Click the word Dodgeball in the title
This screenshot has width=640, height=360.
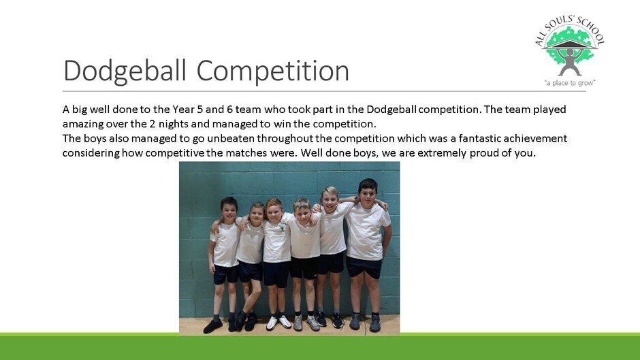pos(125,71)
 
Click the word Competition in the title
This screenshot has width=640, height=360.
pos(272,71)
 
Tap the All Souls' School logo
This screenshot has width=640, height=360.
pos(570,51)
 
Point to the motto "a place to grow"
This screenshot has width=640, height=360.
pos(570,83)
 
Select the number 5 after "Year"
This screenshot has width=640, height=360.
pos(199,110)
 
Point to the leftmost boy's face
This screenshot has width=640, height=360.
pos(229,212)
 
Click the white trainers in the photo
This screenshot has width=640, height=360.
pos(278,323)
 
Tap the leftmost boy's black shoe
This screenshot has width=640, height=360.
pos(212,325)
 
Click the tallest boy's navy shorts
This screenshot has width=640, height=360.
pos(364,267)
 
